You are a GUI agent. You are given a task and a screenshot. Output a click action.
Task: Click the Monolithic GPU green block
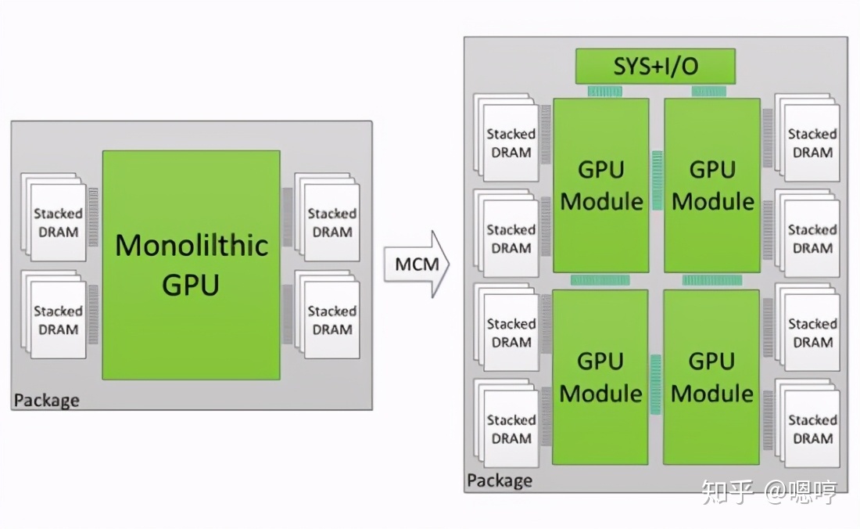(x=191, y=264)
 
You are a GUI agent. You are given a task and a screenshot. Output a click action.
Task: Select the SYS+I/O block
(x=655, y=67)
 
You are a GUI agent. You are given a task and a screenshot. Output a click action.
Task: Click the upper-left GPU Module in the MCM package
(x=601, y=185)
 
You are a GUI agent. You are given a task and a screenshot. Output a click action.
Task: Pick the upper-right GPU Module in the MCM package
(x=712, y=185)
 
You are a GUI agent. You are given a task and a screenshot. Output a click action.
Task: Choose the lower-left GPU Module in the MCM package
(x=601, y=376)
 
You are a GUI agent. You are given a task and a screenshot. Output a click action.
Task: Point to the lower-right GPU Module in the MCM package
(x=712, y=376)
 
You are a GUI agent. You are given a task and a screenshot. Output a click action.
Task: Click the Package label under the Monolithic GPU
(x=46, y=401)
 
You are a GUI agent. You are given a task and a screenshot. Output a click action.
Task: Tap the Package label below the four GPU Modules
(x=500, y=480)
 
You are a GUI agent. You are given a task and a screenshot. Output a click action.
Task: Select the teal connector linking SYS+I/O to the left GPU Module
(x=604, y=92)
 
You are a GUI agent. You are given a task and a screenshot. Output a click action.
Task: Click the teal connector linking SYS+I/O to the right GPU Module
(x=709, y=92)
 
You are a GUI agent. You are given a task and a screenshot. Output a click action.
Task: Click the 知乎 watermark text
(x=726, y=493)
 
